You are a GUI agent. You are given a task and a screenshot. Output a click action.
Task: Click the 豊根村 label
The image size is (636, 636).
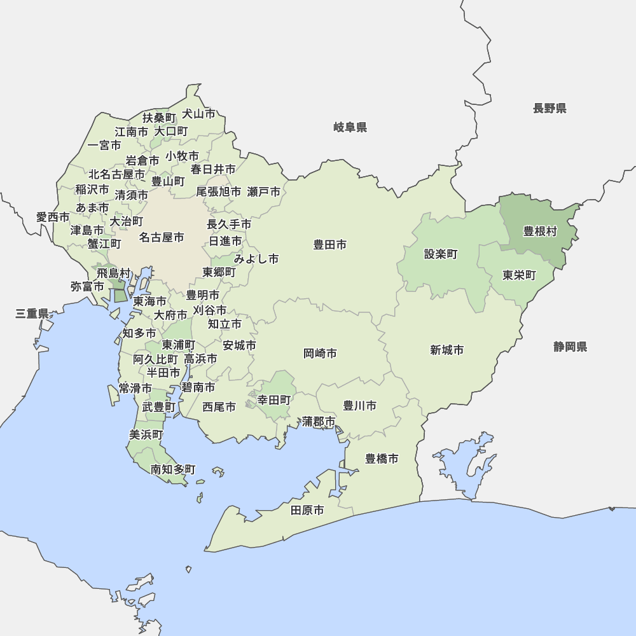tap(540, 231)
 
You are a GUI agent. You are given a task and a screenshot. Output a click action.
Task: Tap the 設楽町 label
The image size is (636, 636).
tap(441, 254)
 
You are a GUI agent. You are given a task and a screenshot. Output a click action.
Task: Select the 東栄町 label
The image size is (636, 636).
tap(519, 275)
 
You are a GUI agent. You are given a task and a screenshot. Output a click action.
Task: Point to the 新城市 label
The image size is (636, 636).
tap(446, 350)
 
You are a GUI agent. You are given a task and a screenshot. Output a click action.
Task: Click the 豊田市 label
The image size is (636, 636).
tap(329, 244)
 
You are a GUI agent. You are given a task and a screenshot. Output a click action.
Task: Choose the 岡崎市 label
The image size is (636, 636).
tap(320, 354)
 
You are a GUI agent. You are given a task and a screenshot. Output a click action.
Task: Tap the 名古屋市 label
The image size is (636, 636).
tap(162, 237)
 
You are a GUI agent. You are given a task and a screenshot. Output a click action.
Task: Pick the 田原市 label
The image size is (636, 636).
tap(307, 510)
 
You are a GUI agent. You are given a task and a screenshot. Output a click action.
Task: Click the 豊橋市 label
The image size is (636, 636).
tap(382, 459)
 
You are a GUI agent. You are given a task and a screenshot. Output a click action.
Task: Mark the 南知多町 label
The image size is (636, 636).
tap(173, 469)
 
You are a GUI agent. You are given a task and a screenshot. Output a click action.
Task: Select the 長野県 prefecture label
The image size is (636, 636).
tap(550, 108)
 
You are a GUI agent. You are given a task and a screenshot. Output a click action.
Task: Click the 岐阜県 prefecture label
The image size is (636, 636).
tap(350, 128)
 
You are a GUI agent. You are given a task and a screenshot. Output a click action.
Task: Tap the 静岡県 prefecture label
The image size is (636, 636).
tap(570, 347)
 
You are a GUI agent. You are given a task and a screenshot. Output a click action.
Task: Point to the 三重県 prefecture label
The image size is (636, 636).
tap(32, 314)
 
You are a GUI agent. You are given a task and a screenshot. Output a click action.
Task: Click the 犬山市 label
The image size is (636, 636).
tap(198, 114)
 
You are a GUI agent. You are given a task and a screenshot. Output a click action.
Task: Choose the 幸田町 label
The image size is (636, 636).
tap(274, 400)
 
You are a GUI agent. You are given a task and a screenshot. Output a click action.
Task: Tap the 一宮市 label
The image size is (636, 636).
tap(104, 146)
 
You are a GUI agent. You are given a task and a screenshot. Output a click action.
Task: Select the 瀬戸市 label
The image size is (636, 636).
tap(263, 191)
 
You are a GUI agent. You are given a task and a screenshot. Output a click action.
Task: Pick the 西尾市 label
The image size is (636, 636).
tap(219, 406)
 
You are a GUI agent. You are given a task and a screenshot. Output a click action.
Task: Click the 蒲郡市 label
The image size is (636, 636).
tap(319, 421)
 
